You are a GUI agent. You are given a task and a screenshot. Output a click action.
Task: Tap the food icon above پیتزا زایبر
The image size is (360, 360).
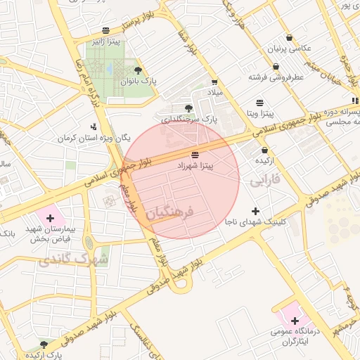[105, 31]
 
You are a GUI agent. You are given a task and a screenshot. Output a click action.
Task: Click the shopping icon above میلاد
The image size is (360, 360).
[214, 82]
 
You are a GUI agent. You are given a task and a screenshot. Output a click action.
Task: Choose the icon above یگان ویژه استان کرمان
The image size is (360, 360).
[94, 127]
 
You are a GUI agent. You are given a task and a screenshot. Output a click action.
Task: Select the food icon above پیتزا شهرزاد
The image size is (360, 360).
[195, 154]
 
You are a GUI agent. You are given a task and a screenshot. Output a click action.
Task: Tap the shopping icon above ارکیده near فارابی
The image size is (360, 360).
[264, 150]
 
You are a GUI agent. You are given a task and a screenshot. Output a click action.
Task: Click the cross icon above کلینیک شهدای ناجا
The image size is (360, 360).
[255, 211]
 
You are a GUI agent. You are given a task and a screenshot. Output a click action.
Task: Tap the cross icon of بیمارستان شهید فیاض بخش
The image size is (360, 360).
[50, 218]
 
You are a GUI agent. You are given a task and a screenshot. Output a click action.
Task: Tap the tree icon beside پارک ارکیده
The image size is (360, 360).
[44, 345]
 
